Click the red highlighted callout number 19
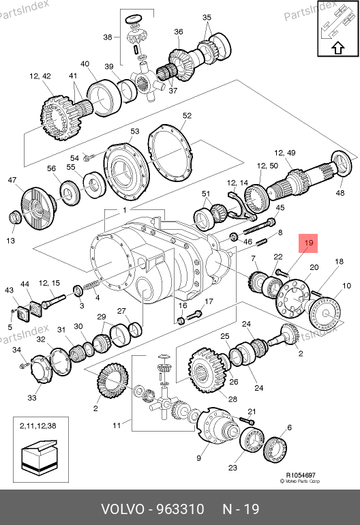(x=308, y=243)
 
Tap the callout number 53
(x=134, y=131)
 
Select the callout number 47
(x=12, y=180)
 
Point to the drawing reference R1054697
(x=301, y=475)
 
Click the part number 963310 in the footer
(x=181, y=509)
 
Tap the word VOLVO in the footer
(x=122, y=509)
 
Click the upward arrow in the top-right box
(x=338, y=48)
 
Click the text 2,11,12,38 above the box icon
(x=38, y=426)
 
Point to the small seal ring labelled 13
(x=14, y=217)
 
